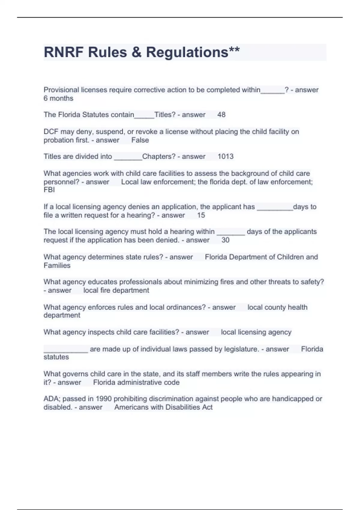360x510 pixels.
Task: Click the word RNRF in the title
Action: [64, 52]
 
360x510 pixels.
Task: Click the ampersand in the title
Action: [136, 52]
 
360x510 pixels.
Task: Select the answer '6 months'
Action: [58, 98]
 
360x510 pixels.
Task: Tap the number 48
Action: [221, 115]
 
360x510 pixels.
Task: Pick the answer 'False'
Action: [140, 140]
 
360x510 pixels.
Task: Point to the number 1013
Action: [226, 156]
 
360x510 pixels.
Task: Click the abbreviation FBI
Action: [49, 190]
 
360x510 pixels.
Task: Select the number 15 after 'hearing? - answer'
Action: [201, 215]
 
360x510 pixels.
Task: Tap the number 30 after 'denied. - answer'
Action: [225, 240]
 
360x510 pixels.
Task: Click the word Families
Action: [57, 265]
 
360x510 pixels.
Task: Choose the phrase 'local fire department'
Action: [116, 290]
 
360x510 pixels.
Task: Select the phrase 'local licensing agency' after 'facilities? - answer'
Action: [256, 332]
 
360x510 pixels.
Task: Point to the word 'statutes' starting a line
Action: [56, 357]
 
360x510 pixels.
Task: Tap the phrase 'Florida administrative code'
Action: [136, 382]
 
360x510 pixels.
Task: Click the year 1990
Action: [103, 399]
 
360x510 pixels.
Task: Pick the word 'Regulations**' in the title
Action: [193, 52]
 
